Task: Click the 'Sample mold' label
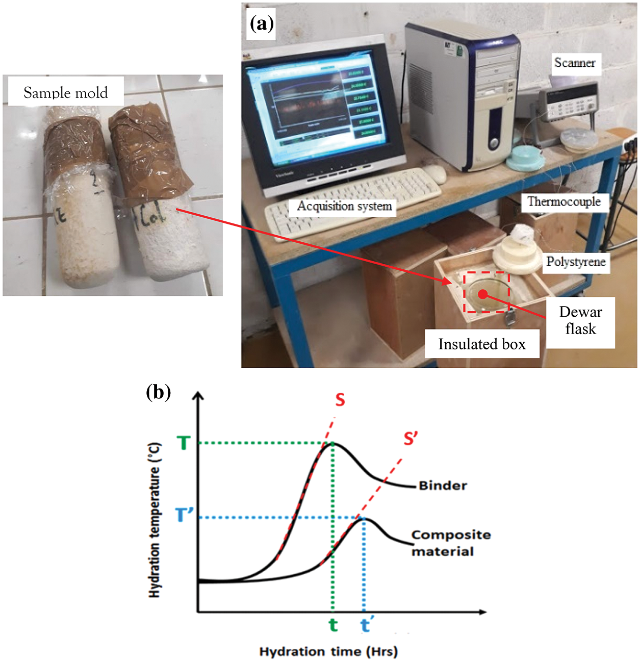[x=65, y=92]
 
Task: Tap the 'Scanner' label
[x=575, y=63]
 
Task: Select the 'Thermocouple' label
[x=564, y=202]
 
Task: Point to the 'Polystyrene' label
[x=576, y=262]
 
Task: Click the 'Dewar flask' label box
[x=580, y=321]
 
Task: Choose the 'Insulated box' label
[x=482, y=344]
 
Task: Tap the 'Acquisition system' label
[x=344, y=206]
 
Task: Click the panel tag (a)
[x=262, y=23]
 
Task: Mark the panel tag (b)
[x=158, y=392]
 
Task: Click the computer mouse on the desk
[x=435, y=173]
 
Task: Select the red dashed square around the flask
[x=487, y=292]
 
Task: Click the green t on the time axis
[x=333, y=625]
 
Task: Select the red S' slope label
[x=411, y=438]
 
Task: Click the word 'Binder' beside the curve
[x=443, y=486]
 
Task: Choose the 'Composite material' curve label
[x=450, y=543]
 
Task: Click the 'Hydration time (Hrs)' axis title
[x=328, y=651]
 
